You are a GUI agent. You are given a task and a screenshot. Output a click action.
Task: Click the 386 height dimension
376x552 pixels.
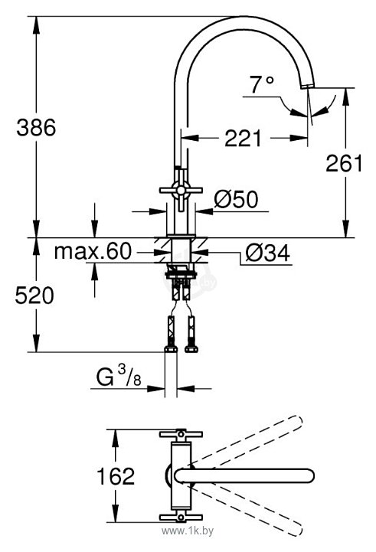(36, 127)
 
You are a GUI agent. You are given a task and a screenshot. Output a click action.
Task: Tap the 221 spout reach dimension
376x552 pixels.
(244, 138)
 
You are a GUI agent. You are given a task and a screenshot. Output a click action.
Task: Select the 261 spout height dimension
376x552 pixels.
(344, 163)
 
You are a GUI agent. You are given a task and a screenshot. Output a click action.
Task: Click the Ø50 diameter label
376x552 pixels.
(236, 199)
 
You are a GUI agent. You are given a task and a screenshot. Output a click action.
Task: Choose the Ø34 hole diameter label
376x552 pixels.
(268, 253)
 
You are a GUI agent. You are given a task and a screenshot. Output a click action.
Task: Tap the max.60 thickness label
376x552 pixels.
(93, 251)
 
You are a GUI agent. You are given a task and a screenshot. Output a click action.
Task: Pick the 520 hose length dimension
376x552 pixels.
(34, 296)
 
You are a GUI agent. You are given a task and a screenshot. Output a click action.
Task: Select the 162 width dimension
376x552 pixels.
(116, 476)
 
